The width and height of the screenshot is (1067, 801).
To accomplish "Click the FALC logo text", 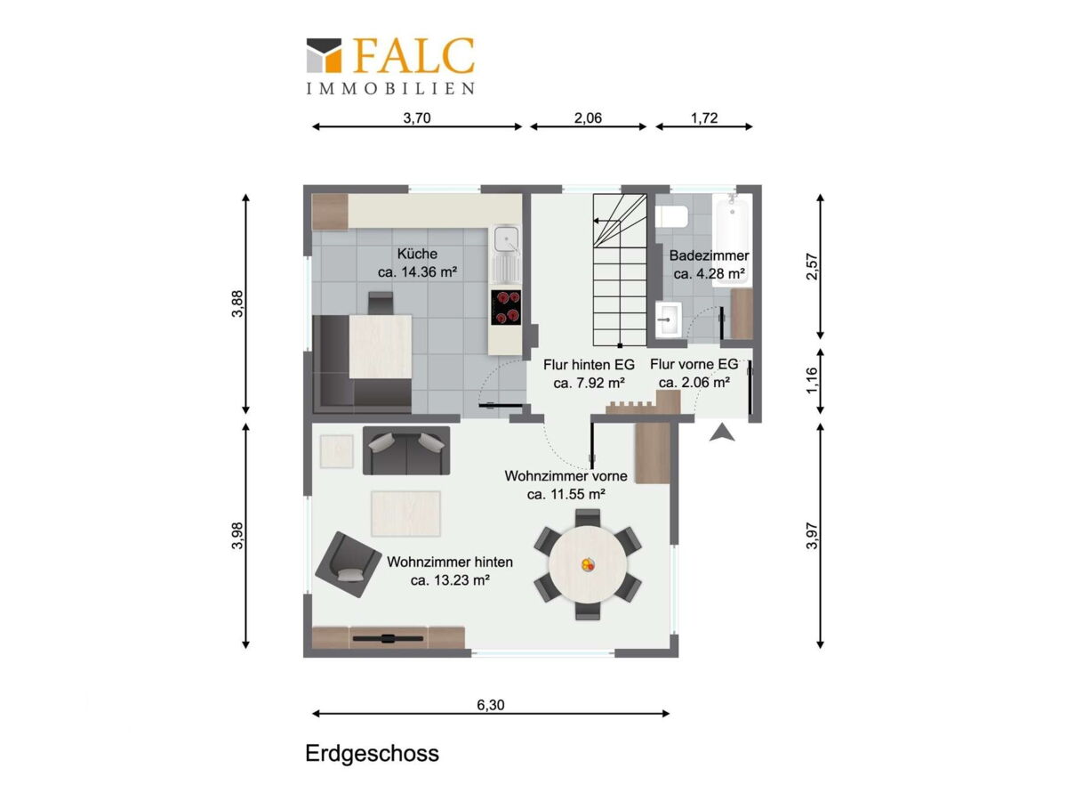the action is [x=413, y=55].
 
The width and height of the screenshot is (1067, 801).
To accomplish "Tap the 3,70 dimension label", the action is [x=417, y=118].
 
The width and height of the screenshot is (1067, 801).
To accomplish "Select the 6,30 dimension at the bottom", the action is [x=491, y=705].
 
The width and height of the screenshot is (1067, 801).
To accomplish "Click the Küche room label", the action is [x=417, y=254].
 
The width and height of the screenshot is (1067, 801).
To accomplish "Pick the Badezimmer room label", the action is [x=709, y=255].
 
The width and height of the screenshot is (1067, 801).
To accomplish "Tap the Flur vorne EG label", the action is [x=694, y=364].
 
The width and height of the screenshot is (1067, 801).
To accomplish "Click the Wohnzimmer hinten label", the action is [x=450, y=562].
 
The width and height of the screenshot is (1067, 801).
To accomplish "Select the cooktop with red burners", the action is [x=506, y=307].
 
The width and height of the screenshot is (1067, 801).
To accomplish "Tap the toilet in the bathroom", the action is [x=672, y=216].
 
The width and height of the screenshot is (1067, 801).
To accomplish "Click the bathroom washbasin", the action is [x=668, y=319].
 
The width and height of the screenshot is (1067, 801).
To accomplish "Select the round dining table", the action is [x=588, y=564].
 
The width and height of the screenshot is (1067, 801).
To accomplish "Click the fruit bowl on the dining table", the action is [x=588, y=564].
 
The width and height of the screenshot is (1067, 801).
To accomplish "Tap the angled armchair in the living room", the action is [x=348, y=564].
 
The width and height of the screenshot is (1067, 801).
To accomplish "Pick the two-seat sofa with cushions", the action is [x=406, y=450].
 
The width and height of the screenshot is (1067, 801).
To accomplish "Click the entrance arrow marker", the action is [x=722, y=433].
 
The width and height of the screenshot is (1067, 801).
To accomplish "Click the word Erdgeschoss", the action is [x=372, y=753].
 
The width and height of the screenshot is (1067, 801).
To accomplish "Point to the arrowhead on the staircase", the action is [x=596, y=221].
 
